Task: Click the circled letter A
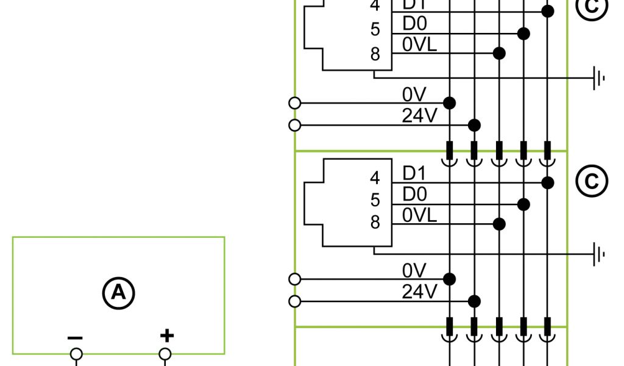[x=118, y=293]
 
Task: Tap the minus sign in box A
[x=76, y=337]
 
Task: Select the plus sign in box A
[x=166, y=335]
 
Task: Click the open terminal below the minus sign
[x=76, y=354]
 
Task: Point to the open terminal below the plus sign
[x=165, y=354]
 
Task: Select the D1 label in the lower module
[x=415, y=173]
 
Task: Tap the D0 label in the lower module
[x=415, y=195]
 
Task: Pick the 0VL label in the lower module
[x=420, y=215]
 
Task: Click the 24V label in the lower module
[x=420, y=292]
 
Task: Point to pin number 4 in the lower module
[x=375, y=178]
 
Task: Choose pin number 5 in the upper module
[x=375, y=29]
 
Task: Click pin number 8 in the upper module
[x=375, y=54]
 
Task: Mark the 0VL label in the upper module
[x=420, y=45]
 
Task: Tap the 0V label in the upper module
[x=414, y=94]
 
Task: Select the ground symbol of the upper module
[x=600, y=77]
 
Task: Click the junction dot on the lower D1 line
[x=548, y=182]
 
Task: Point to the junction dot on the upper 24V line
[x=474, y=126]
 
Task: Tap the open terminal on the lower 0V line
[x=295, y=279]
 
